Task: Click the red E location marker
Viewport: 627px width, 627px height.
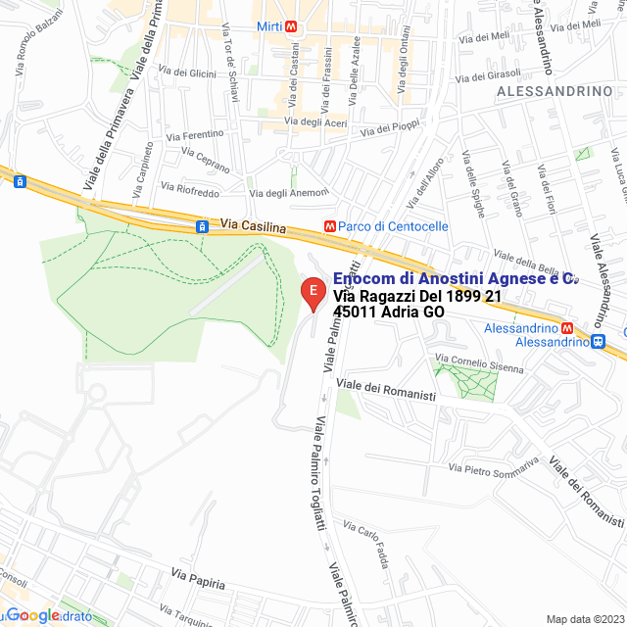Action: coord(312,292)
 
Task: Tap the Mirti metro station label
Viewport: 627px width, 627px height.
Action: coord(271,26)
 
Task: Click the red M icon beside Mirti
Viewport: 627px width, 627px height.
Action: coord(299,26)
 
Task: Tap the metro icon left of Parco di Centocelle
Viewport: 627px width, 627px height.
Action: coord(331,226)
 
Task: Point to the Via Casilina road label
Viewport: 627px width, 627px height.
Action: coord(253,226)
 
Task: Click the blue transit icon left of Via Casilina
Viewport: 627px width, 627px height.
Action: coord(202,226)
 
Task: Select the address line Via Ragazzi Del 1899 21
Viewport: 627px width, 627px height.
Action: coord(417,296)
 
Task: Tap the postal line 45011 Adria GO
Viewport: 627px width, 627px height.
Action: coord(389,313)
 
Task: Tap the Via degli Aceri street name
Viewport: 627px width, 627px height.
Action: coord(315,122)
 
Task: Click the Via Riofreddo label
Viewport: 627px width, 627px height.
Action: coord(190,188)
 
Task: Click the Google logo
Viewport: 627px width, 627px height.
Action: coord(34,615)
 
